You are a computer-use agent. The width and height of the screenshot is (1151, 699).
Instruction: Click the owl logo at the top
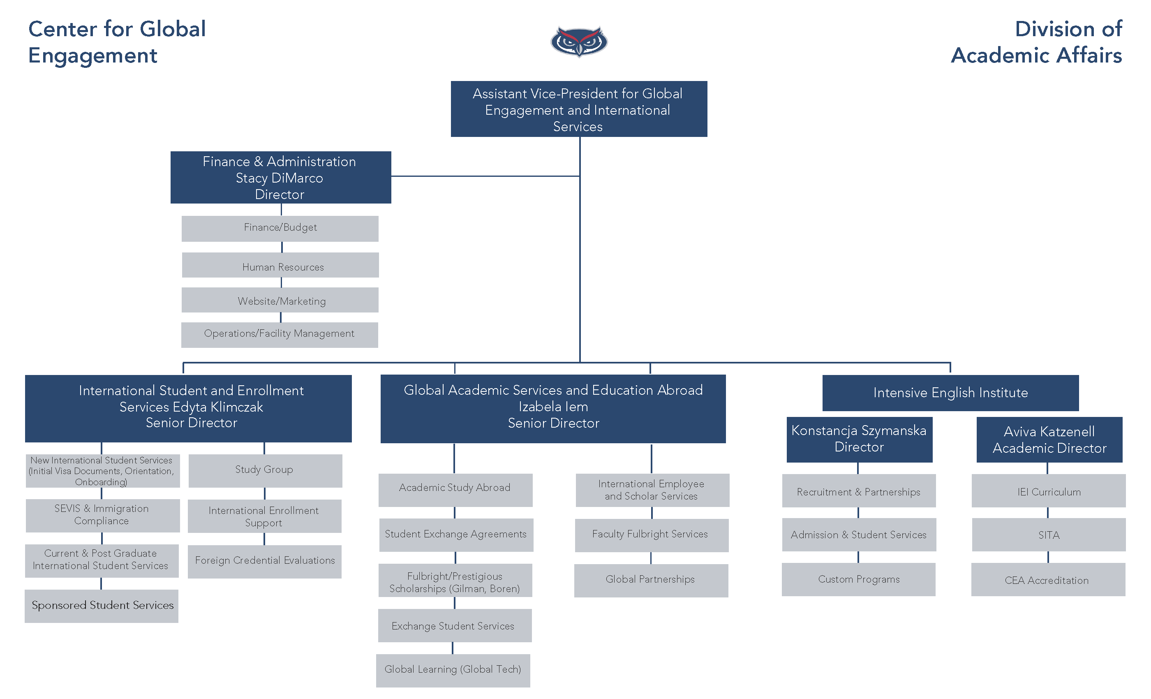(579, 41)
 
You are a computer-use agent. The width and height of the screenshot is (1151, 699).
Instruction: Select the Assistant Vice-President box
(578, 109)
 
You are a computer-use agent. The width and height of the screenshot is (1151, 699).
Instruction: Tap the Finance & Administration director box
(280, 178)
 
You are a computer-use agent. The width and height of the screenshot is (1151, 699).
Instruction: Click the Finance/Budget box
(280, 228)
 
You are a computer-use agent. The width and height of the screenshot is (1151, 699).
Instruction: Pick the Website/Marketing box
(280, 301)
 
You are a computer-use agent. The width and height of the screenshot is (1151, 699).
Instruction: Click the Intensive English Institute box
(950, 393)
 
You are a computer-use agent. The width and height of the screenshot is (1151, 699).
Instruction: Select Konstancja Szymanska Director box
(859, 439)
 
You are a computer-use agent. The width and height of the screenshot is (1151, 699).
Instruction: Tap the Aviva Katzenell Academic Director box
(1049, 439)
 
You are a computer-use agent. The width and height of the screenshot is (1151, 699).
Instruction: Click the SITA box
(1049, 535)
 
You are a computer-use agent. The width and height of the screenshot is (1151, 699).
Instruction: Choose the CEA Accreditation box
(1048, 580)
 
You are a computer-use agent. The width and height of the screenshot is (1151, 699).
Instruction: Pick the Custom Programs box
(859, 579)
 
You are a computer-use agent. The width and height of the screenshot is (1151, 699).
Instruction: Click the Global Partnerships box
(651, 580)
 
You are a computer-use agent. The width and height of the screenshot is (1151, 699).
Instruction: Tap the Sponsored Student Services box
(102, 606)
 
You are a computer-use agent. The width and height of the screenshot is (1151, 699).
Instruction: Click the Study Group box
(265, 470)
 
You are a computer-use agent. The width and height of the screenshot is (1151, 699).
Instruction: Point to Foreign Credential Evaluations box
(265, 561)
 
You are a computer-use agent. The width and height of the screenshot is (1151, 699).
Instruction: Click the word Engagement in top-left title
(92, 56)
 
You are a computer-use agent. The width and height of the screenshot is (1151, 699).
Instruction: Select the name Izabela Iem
(553, 407)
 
